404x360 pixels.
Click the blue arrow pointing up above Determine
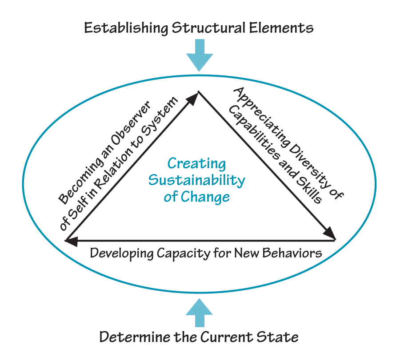coord(200,312)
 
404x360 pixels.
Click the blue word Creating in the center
coord(196,163)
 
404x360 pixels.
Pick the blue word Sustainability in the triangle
coord(196,180)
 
